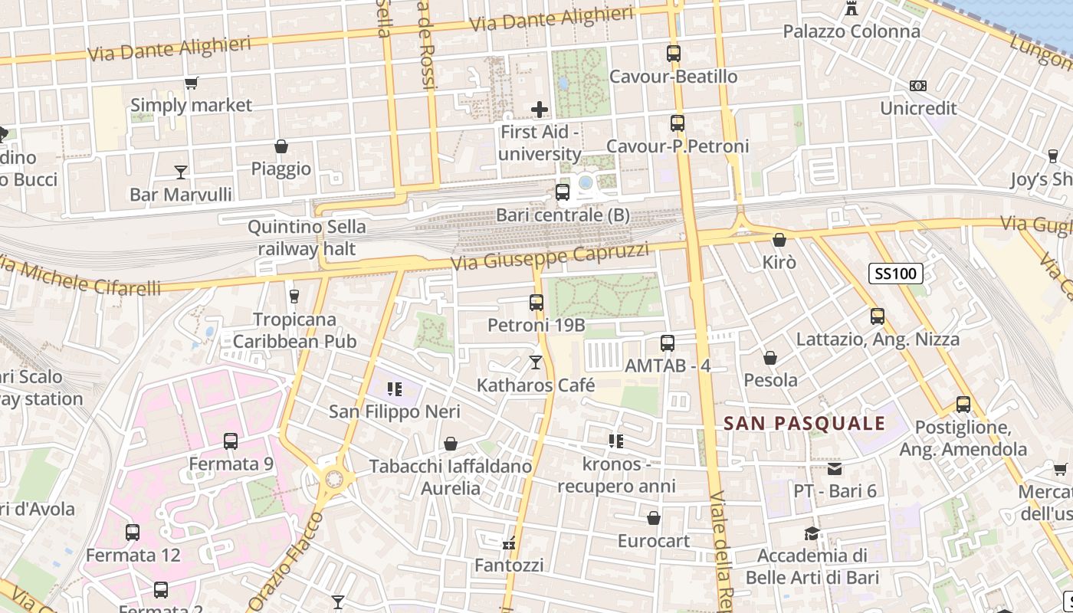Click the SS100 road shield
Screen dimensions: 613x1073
896,273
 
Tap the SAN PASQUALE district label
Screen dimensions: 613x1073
805,423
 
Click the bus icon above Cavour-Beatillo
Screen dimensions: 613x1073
674,54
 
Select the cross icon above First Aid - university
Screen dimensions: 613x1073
540,110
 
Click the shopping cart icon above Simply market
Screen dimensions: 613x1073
191,83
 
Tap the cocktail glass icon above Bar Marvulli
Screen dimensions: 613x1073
181,172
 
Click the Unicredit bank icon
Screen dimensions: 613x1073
917,86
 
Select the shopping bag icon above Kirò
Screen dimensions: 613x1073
779,240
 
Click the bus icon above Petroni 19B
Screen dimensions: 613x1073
536,303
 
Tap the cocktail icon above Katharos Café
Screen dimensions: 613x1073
536,362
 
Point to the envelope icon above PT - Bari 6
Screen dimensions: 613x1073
835,468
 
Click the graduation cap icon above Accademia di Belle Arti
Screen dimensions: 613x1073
812,533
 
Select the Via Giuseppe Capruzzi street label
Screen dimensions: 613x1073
550,257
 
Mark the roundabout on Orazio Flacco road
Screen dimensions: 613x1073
334,480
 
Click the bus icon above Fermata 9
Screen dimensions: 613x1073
231,441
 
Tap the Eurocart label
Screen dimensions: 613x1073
654,541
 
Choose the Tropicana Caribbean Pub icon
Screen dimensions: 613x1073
294,297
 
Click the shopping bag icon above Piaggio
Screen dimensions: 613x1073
281,146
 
